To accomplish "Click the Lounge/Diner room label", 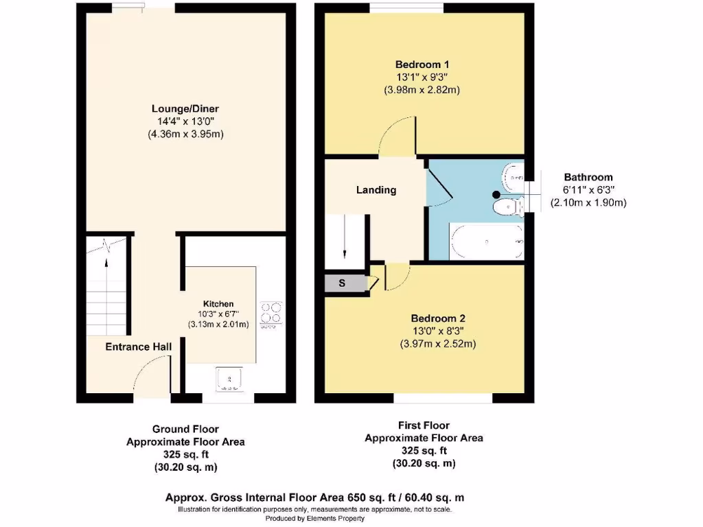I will [185, 108].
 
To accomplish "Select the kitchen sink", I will [227, 379].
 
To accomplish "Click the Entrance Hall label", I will [138, 347].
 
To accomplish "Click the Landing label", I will [376, 190].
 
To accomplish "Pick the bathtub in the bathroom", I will [486, 241].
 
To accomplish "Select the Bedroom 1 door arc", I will [397, 136].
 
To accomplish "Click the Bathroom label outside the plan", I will [588, 177].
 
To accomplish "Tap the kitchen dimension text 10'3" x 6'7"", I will [218, 314].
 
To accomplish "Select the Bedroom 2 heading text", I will [438, 318].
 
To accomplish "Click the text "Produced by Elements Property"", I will [315, 519].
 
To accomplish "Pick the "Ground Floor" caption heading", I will [185, 430].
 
